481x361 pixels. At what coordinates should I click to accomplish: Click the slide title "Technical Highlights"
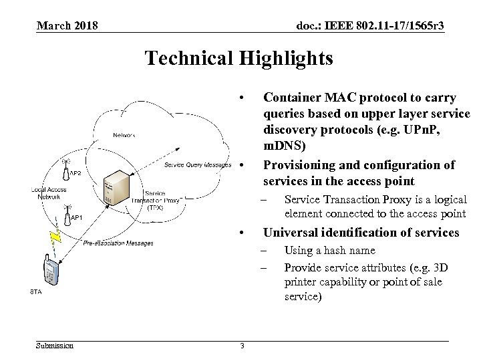tap(238, 58)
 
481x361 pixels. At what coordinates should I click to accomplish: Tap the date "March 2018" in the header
tap(67, 25)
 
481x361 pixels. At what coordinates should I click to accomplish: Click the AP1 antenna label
tap(75, 218)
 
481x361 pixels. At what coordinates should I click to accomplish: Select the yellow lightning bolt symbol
tap(56, 236)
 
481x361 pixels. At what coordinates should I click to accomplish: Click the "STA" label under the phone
tap(35, 291)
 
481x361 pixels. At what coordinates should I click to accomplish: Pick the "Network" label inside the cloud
tap(124, 134)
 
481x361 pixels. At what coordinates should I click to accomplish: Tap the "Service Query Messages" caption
tap(198, 165)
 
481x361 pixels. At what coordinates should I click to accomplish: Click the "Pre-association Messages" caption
tap(118, 243)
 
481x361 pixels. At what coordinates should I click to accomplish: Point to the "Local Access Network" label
tap(48, 193)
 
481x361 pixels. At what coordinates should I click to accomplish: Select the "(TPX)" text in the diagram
tap(155, 207)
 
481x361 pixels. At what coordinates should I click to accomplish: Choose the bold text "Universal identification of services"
tap(361, 232)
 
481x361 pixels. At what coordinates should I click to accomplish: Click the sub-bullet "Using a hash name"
tap(330, 251)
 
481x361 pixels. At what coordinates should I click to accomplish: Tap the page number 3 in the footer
tap(242, 346)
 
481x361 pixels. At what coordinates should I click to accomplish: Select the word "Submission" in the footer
tap(55, 346)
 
